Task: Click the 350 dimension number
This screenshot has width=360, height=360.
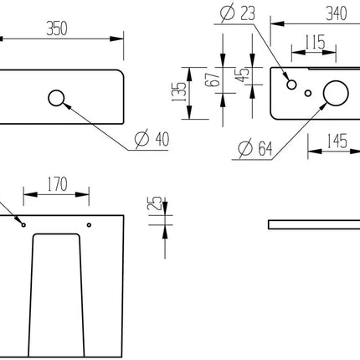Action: tap(57, 28)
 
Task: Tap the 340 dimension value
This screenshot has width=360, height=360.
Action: tap(337, 13)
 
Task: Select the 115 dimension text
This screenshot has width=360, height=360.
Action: tap(314, 42)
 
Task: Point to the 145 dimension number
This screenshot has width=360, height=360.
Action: tap(337, 141)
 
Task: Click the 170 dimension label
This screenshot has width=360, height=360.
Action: tap(57, 184)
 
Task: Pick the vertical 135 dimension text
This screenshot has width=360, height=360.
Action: tap(179, 91)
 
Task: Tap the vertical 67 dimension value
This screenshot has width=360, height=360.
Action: tap(213, 80)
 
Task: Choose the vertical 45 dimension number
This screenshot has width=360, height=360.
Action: tap(242, 75)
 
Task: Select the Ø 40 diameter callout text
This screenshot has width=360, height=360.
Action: tap(152, 139)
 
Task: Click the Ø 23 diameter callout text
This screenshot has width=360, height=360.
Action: tap(238, 13)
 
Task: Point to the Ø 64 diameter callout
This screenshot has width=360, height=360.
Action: tap(255, 148)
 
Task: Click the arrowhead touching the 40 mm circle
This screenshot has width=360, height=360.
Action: tap(66, 105)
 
